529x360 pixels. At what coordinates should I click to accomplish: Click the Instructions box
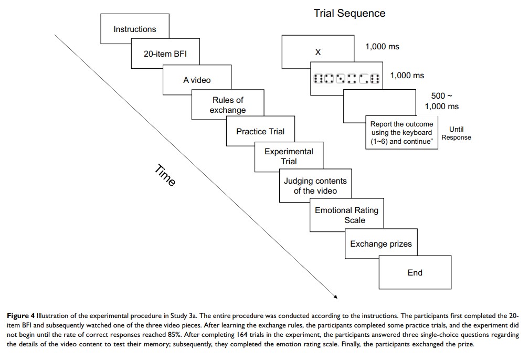click(x=134, y=29)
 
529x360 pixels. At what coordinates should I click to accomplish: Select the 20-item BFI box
click(x=165, y=54)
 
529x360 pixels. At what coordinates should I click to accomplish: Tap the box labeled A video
click(x=197, y=80)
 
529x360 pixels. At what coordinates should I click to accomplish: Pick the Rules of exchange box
click(x=228, y=105)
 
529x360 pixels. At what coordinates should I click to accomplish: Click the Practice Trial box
click(x=260, y=131)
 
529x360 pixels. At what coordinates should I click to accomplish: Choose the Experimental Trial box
click(x=289, y=156)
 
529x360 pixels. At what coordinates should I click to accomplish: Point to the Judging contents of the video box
click(x=315, y=186)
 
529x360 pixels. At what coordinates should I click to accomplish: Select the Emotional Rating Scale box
click(x=346, y=215)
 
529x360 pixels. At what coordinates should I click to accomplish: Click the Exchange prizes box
click(x=381, y=243)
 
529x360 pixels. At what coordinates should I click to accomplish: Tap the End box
click(x=415, y=272)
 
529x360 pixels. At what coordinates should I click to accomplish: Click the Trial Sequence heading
click(x=350, y=14)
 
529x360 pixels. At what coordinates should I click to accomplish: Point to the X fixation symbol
click(x=318, y=52)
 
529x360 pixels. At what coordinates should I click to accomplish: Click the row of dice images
click(x=346, y=79)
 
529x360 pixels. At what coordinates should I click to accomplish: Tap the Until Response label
click(x=456, y=133)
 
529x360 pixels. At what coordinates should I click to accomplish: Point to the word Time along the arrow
click(x=165, y=175)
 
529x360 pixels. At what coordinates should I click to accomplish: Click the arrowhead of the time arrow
click(x=334, y=297)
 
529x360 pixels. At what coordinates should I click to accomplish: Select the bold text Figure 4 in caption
click(x=20, y=316)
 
